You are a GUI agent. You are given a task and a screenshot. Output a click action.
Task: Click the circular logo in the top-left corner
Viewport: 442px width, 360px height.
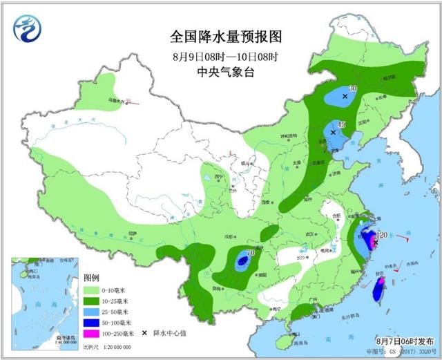tap(28, 28)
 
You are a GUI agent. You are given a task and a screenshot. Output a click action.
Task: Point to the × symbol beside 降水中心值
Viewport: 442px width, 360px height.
tap(145, 333)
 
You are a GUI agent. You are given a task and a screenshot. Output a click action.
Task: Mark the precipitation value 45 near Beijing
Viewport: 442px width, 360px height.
tap(340, 125)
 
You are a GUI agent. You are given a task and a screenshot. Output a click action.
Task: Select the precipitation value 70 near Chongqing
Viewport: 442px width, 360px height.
tap(251, 253)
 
